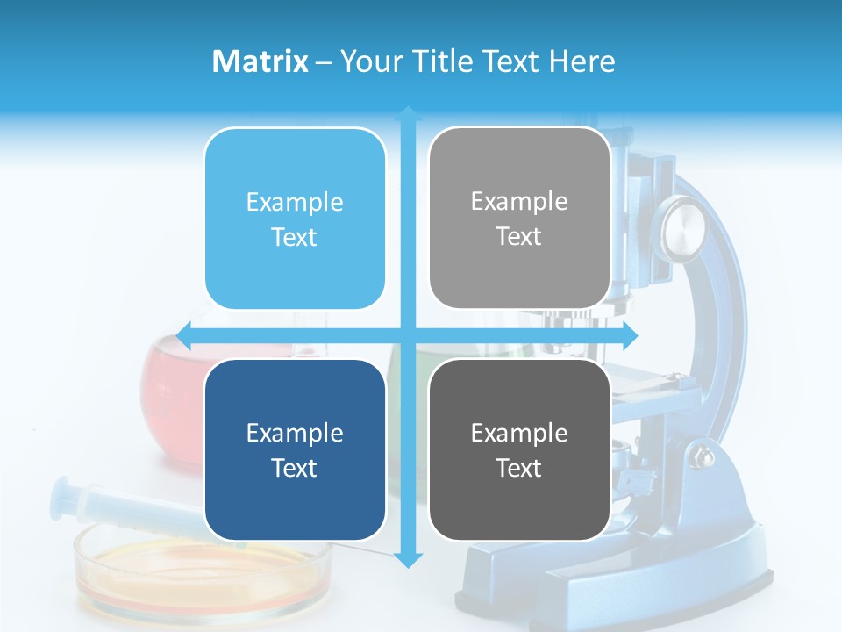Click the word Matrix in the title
click(260, 61)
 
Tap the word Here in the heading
click(582, 61)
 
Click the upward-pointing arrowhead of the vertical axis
click(408, 113)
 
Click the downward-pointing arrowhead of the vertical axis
click(408, 559)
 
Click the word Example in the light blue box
click(295, 203)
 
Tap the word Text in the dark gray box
click(519, 468)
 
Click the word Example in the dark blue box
click(295, 433)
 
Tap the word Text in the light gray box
click(519, 237)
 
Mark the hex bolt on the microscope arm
click(703, 456)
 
